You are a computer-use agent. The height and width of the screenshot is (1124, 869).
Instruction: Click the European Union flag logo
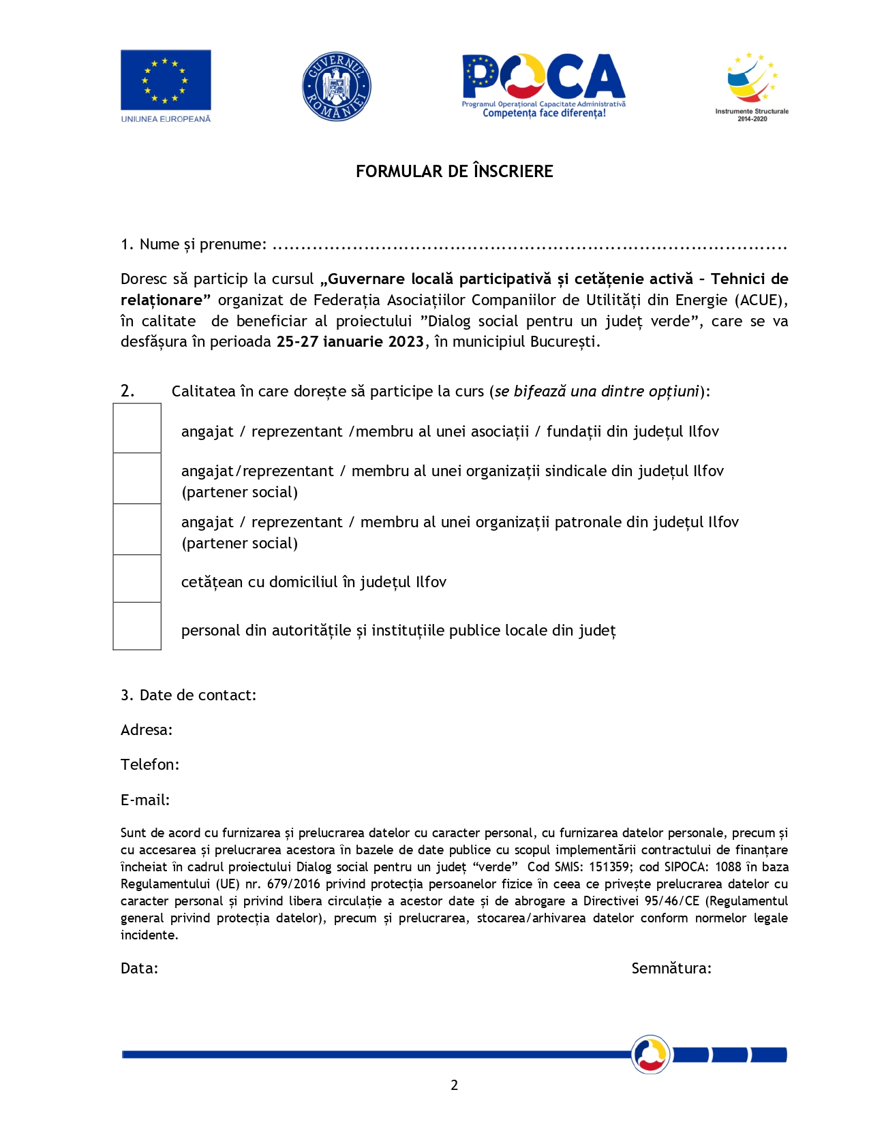166,80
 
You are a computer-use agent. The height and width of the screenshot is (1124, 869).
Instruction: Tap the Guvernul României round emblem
336,87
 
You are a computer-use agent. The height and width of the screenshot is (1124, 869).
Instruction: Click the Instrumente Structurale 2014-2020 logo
752,85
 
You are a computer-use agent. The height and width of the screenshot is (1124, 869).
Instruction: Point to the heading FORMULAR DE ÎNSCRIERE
454,171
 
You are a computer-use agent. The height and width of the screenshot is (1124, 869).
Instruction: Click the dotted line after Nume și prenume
529,246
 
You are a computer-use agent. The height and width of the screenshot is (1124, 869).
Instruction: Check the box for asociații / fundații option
137,428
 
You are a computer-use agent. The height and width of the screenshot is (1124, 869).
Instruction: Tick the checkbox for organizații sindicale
137,479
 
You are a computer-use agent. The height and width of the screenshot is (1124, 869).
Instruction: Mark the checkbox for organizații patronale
137,530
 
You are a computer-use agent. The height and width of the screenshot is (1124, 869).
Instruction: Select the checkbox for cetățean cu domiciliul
137,579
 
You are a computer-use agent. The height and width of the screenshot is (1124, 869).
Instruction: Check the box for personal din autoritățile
137,627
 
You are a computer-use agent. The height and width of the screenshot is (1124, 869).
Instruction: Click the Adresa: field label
147,730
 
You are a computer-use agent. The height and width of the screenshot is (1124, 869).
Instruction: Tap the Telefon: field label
150,765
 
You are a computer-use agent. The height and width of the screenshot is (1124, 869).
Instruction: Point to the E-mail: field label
145,800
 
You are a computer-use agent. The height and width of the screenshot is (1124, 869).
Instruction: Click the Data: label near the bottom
140,969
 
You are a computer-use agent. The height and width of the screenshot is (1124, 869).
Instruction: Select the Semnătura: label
671,969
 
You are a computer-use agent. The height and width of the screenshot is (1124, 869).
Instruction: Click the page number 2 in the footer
455,1085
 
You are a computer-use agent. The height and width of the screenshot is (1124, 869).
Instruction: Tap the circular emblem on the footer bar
651,1055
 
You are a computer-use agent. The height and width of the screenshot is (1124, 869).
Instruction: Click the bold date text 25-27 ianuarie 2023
350,342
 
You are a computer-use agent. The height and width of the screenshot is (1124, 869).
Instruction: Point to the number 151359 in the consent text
610,867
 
